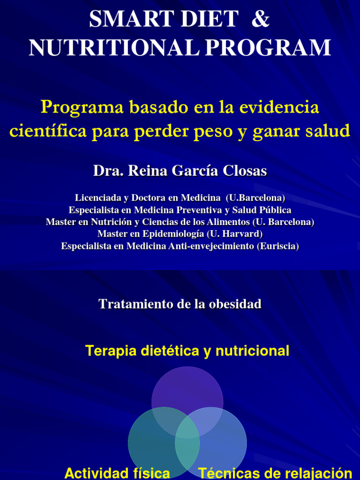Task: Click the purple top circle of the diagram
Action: click(187, 387)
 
